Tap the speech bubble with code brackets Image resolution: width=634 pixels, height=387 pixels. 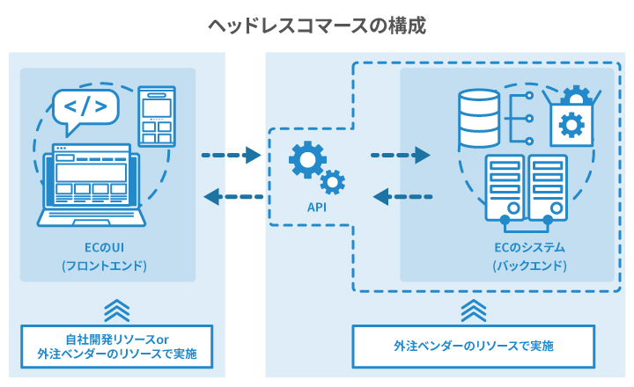tap(85, 108)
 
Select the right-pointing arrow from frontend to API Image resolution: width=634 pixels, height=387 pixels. tap(231, 157)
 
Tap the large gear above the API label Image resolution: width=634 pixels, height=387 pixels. tap(307, 161)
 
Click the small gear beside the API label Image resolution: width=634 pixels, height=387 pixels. tap(332, 182)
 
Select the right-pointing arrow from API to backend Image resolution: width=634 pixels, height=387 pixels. tap(400, 157)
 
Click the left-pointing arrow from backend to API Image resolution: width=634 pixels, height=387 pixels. tap(402, 195)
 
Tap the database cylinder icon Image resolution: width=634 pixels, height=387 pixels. tap(479, 119)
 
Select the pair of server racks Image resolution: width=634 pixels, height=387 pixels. tap(526, 187)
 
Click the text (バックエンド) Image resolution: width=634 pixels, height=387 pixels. tap(528, 265)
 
